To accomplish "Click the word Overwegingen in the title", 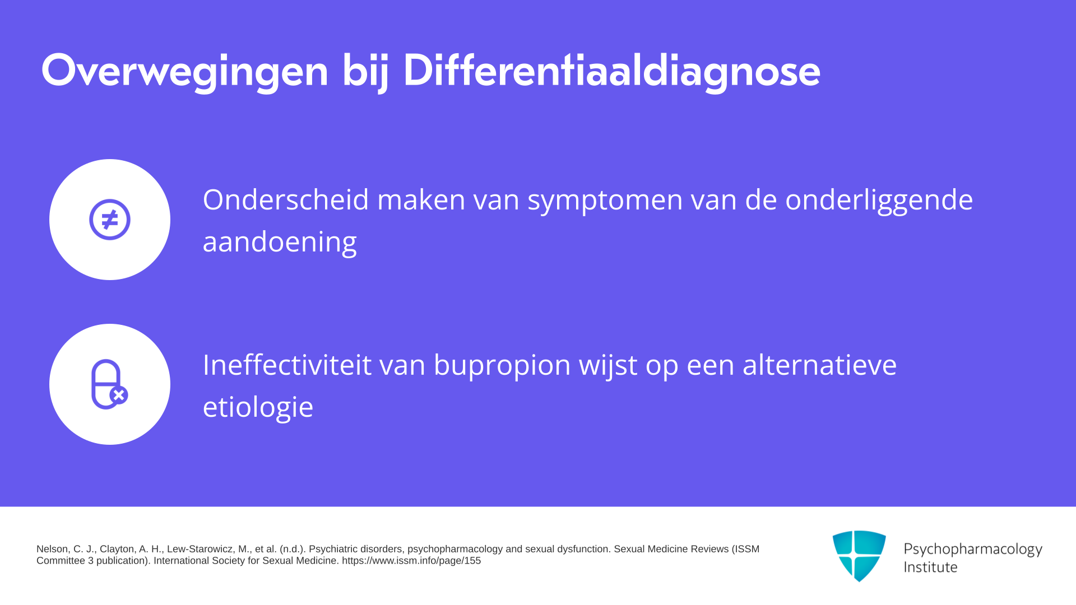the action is point(185,71).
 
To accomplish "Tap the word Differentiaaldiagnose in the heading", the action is point(611,71).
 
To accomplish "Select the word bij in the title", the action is point(365,71).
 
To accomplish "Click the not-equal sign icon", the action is point(110,220).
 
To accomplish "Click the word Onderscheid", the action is point(286,199).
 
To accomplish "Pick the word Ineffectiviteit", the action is point(287,365).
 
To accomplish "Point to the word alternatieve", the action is point(820,365).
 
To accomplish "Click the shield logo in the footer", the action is point(859,556).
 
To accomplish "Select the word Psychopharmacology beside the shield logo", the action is point(973,550).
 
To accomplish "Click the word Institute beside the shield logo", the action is point(930,567).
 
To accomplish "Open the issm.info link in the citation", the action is point(411,561).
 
